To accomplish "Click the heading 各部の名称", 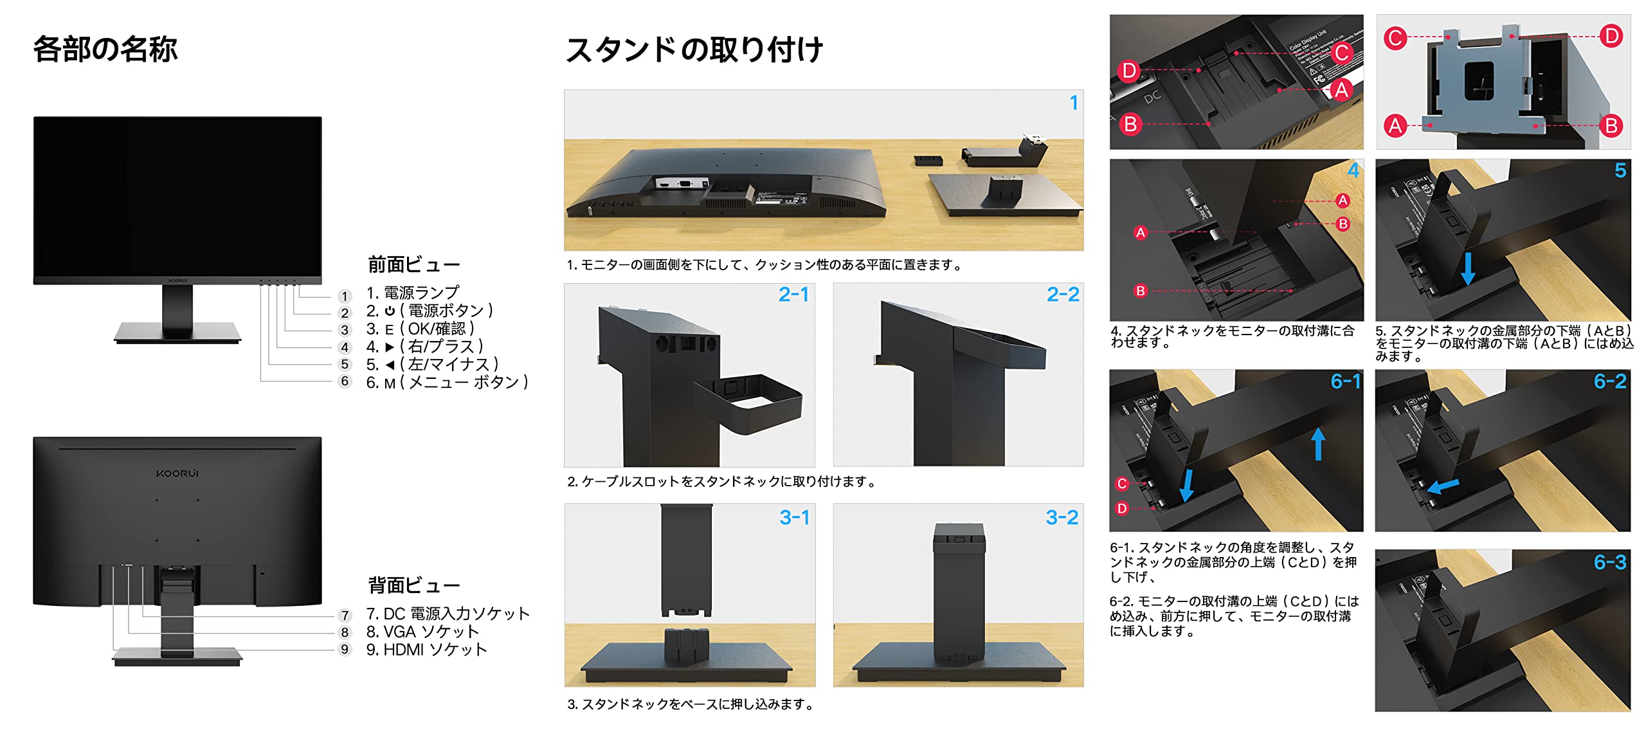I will click(105, 50).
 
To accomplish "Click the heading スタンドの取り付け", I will click(693, 50).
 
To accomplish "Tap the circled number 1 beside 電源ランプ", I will click(345, 296).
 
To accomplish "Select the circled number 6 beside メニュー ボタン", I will click(345, 381).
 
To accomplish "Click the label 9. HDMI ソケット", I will click(426, 650).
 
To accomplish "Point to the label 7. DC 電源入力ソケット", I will click(448, 614).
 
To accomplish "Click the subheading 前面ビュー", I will click(413, 264).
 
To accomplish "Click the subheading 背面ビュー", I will click(413, 585).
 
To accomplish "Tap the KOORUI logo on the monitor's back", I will click(177, 473).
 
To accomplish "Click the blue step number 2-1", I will click(793, 295).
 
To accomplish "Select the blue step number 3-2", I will click(1062, 518).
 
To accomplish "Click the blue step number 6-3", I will click(1609, 563).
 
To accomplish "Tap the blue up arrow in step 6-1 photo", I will click(1318, 444).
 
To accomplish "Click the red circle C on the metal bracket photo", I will click(1395, 38).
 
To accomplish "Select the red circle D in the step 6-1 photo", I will click(1122, 508).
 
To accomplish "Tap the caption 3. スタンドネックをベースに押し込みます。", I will click(691, 705).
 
